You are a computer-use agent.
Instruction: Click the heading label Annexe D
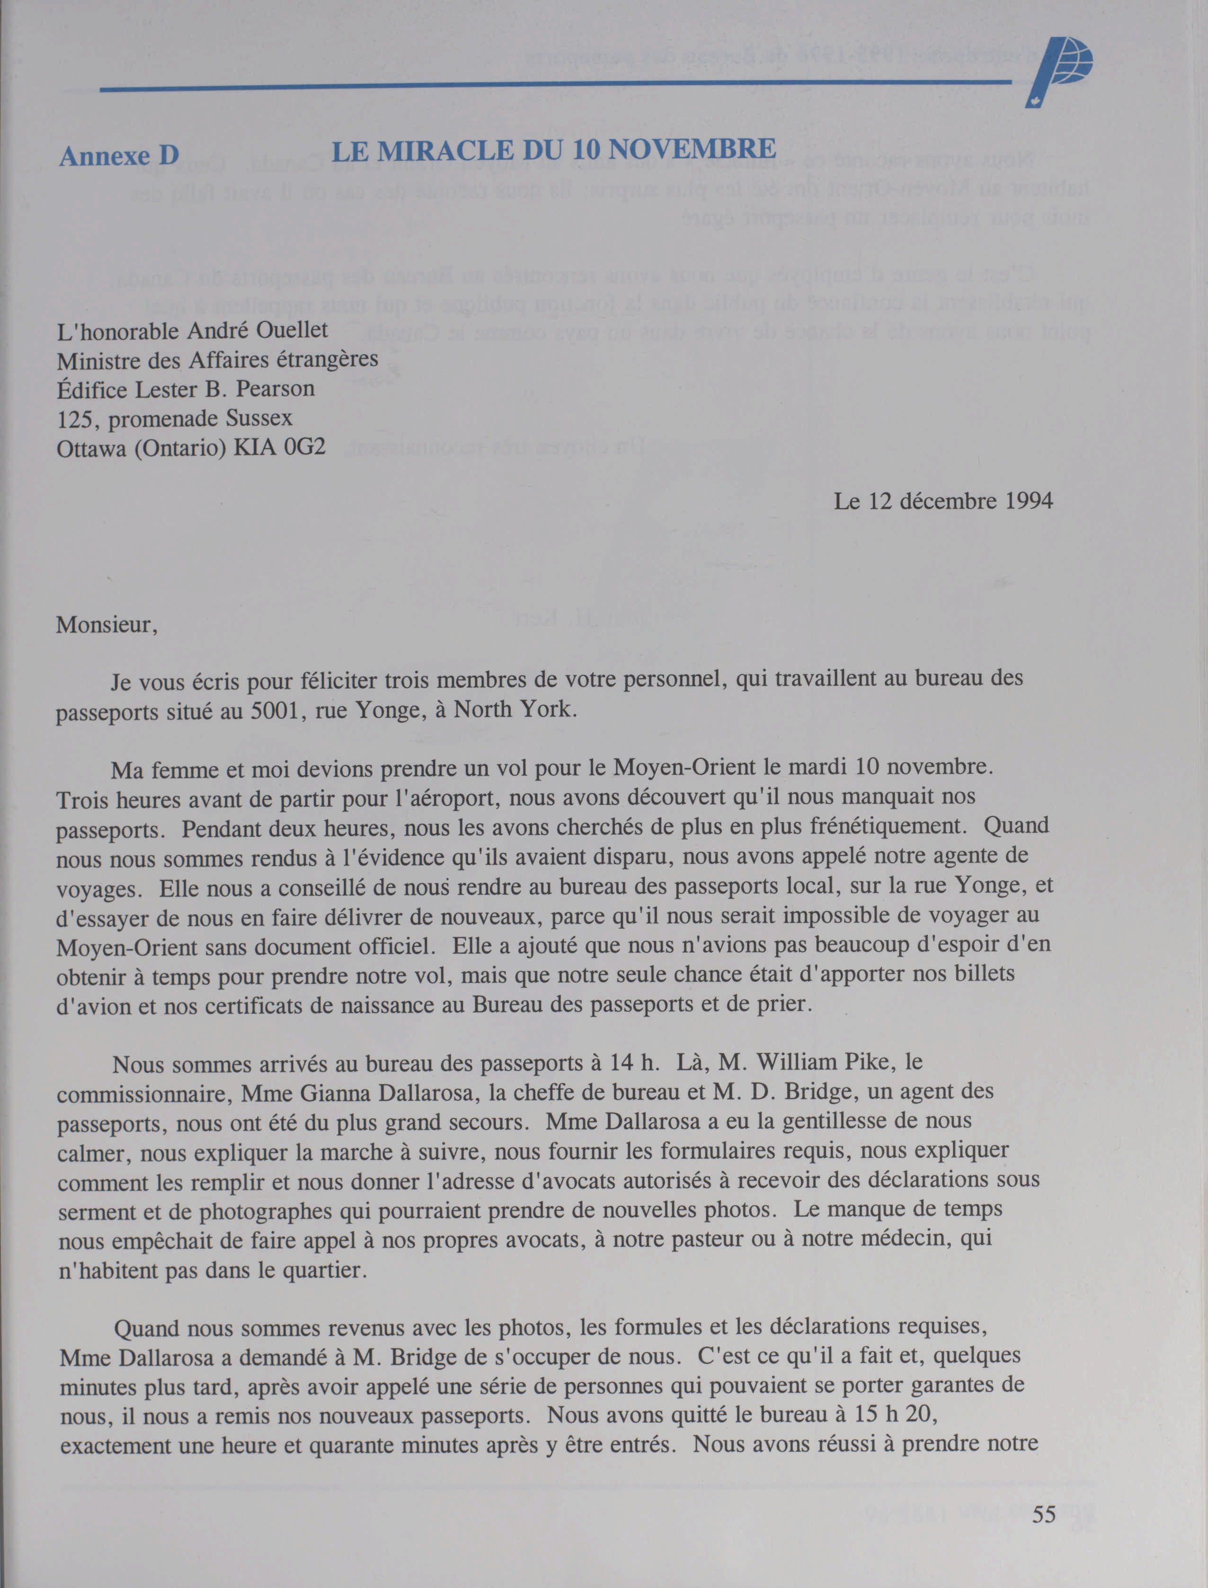(x=119, y=155)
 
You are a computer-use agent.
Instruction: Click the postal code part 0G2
(x=305, y=447)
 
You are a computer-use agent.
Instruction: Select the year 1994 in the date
(x=1028, y=501)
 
